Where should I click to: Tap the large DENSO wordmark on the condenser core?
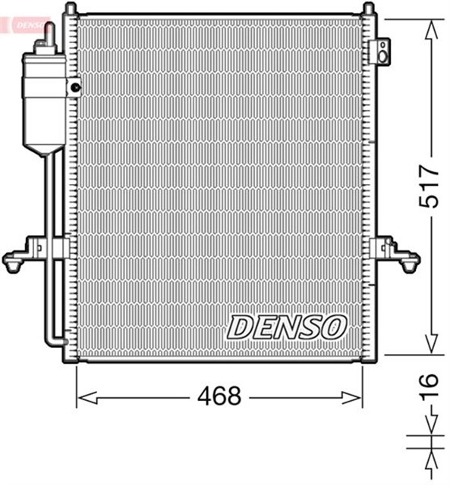coord(287,327)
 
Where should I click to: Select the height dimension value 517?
coord(430,184)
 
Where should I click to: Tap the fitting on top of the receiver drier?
coord(49,35)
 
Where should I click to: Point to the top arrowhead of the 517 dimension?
coord(430,30)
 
